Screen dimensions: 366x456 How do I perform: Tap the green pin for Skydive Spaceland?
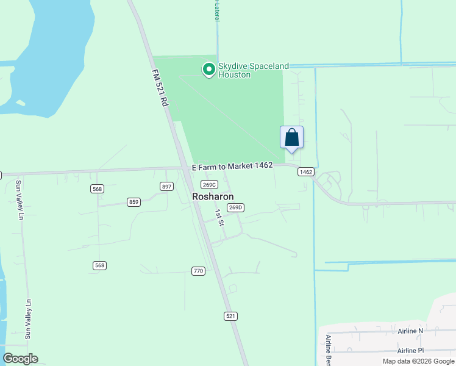coord(209,70)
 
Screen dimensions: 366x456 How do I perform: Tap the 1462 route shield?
coord(305,172)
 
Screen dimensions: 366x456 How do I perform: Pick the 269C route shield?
coord(209,185)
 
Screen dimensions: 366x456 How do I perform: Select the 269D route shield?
coord(235,207)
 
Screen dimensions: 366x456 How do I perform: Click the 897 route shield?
coord(167,187)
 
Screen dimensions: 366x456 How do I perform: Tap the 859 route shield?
coord(134,201)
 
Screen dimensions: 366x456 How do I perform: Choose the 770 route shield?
coord(198,271)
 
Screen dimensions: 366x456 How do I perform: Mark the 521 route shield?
coord(230,316)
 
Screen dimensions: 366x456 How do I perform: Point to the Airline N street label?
coord(410,331)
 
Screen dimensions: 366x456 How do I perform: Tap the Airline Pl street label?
coord(410,351)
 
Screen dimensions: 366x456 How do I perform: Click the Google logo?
coord(20,359)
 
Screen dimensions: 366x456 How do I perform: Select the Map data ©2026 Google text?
coord(418,361)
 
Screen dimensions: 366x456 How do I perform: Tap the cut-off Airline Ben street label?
coord(328,350)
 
